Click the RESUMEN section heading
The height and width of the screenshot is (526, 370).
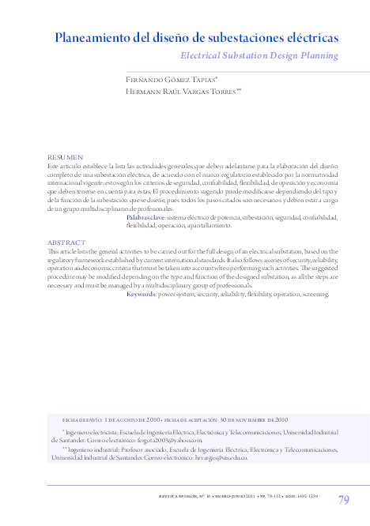point(65,158)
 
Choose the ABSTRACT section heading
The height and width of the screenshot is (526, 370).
point(66,242)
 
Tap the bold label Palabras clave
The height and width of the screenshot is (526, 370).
point(145,216)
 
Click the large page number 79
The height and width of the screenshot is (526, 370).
point(343,499)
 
